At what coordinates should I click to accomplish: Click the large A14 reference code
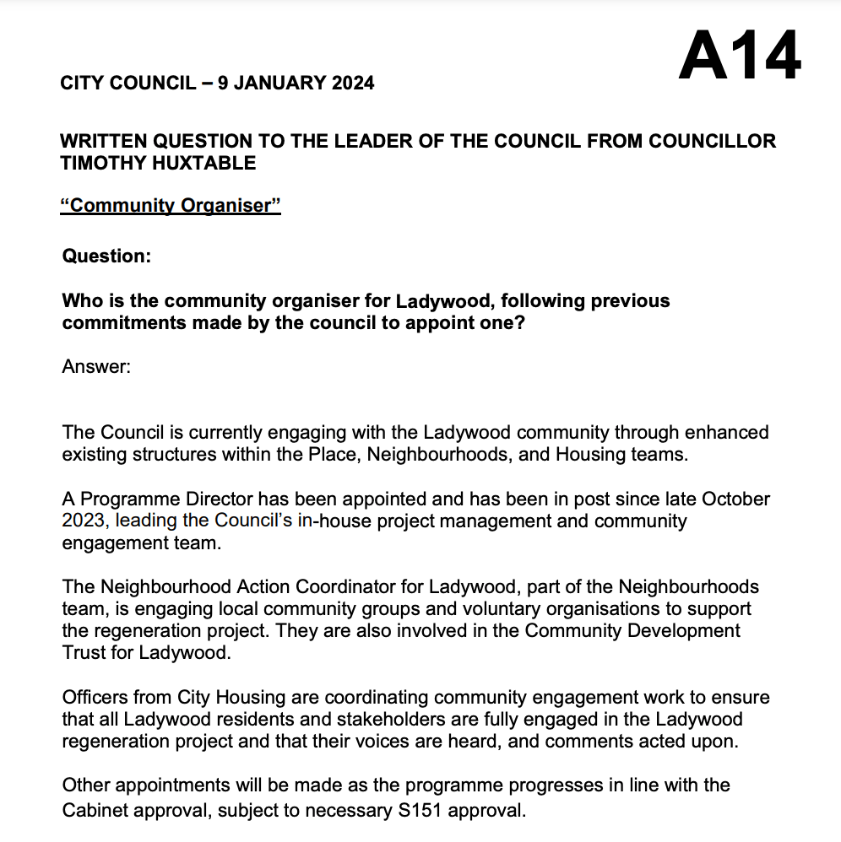pos(740,56)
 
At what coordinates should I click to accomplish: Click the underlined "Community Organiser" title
pos(171,205)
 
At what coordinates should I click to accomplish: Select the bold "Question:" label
pos(106,255)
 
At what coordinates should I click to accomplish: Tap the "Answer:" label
pos(96,367)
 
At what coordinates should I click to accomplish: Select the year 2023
pos(83,521)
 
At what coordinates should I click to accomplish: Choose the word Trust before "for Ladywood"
pos(84,652)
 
